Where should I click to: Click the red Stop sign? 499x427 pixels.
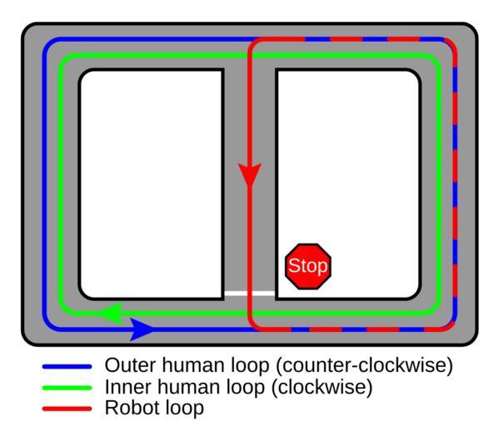(x=307, y=266)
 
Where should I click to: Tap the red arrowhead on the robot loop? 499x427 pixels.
(x=250, y=174)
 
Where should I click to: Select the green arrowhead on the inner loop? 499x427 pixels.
(x=112, y=314)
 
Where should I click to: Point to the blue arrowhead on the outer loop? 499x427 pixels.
(x=142, y=329)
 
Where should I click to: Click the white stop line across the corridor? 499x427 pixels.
(x=250, y=294)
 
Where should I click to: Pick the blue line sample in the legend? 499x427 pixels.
(x=67, y=366)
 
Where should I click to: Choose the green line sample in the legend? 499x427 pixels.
(x=67, y=388)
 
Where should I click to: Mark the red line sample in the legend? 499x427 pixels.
(x=67, y=409)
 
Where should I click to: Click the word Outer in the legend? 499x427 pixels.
(x=131, y=365)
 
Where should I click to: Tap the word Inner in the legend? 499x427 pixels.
(x=128, y=387)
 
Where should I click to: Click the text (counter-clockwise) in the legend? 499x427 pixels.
(x=364, y=366)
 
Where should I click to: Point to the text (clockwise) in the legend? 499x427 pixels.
(x=322, y=388)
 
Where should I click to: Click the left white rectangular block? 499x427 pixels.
(x=152, y=184)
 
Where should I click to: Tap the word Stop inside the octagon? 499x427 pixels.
(x=307, y=266)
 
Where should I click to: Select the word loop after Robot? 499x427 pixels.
(x=185, y=409)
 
